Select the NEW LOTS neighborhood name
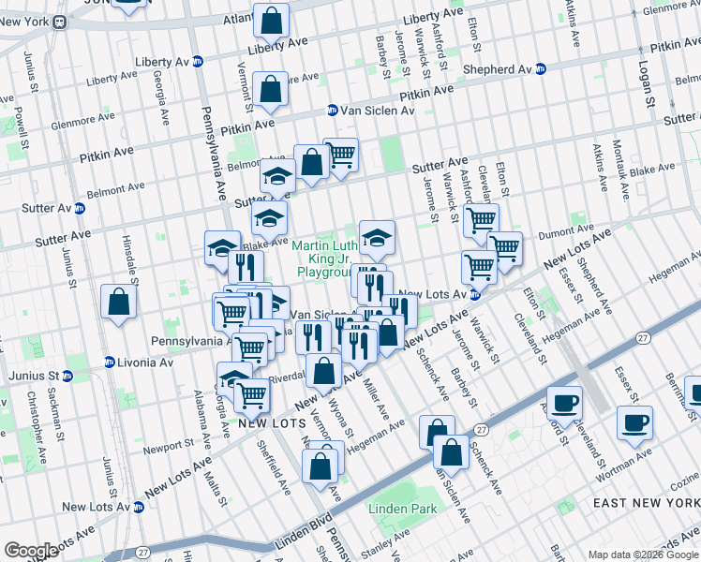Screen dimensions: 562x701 (x=268, y=423)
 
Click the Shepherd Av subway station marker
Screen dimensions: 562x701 (x=540, y=69)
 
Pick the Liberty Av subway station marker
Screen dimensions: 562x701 (x=197, y=62)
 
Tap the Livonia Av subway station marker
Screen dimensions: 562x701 (x=110, y=362)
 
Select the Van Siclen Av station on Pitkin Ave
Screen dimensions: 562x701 (x=332, y=111)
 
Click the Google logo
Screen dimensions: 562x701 (x=31, y=551)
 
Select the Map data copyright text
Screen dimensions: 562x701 (x=643, y=555)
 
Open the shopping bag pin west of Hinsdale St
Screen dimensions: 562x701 (x=118, y=302)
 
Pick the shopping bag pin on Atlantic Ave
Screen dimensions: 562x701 (x=271, y=20)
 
